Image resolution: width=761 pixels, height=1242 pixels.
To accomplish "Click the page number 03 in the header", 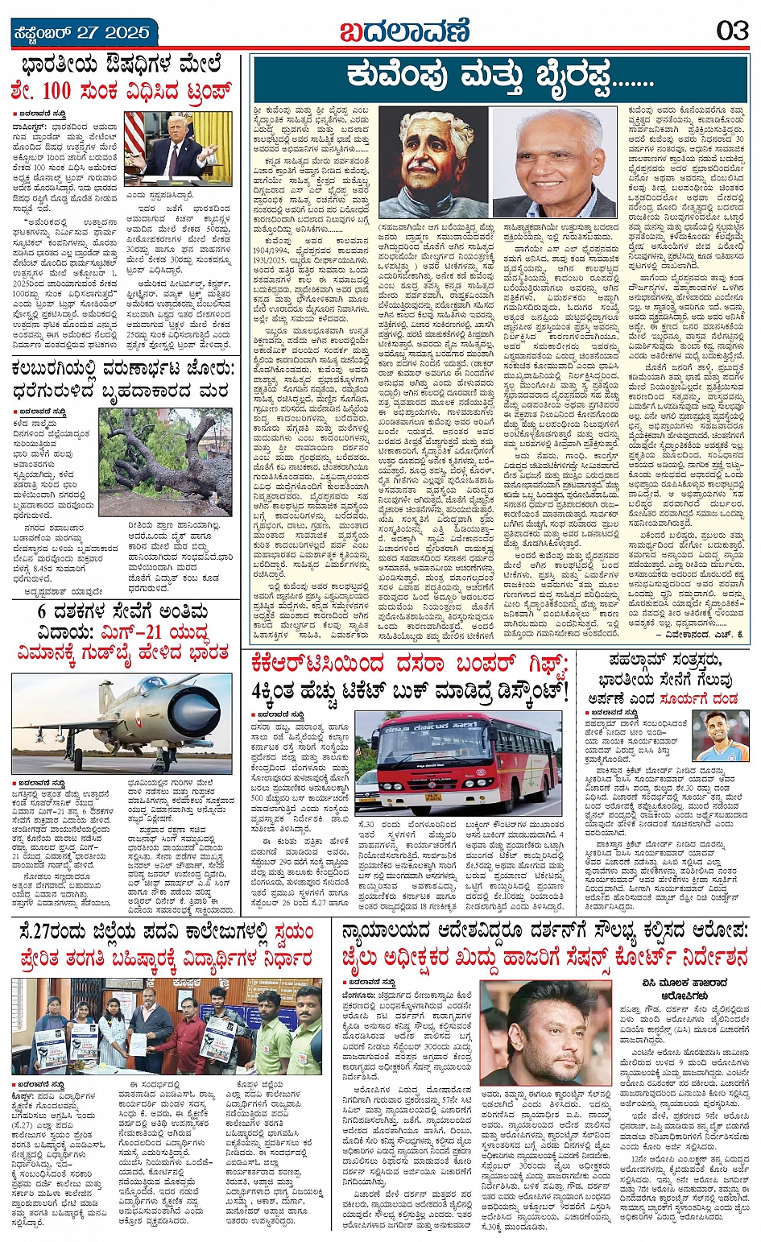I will coord(732,31).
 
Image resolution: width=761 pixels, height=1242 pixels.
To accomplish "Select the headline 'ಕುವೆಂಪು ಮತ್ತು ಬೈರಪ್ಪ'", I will coord(499,77).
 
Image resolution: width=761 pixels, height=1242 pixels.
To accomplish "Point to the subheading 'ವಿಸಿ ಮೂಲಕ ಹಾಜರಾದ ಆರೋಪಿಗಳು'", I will coord(685,988).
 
